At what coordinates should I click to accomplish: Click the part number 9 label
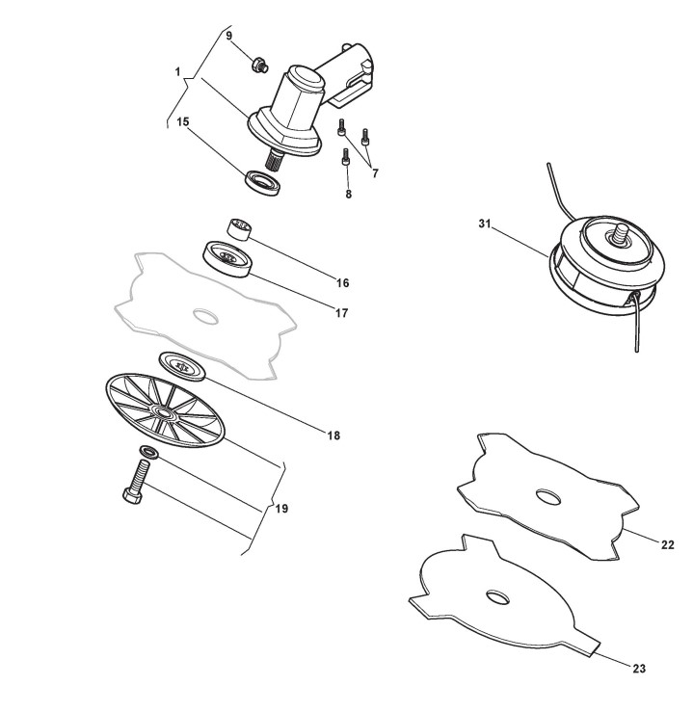[228, 36]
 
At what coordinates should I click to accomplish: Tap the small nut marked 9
[257, 65]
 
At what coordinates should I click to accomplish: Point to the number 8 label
[349, 193]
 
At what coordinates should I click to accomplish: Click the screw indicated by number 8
[346, 158]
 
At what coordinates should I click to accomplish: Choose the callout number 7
[375, 173]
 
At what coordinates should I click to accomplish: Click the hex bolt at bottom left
[136, 480]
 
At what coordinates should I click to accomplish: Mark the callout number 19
[281, 508]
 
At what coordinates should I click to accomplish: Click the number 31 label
[485, 224]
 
